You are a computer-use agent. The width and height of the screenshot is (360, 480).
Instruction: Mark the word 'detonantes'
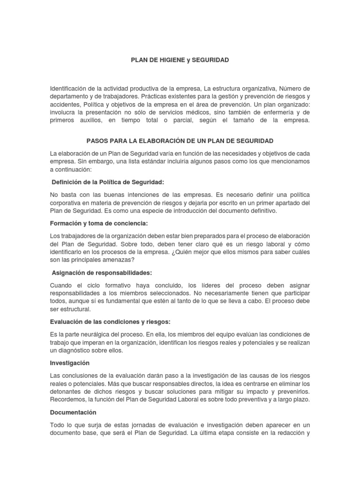pos(66,391)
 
